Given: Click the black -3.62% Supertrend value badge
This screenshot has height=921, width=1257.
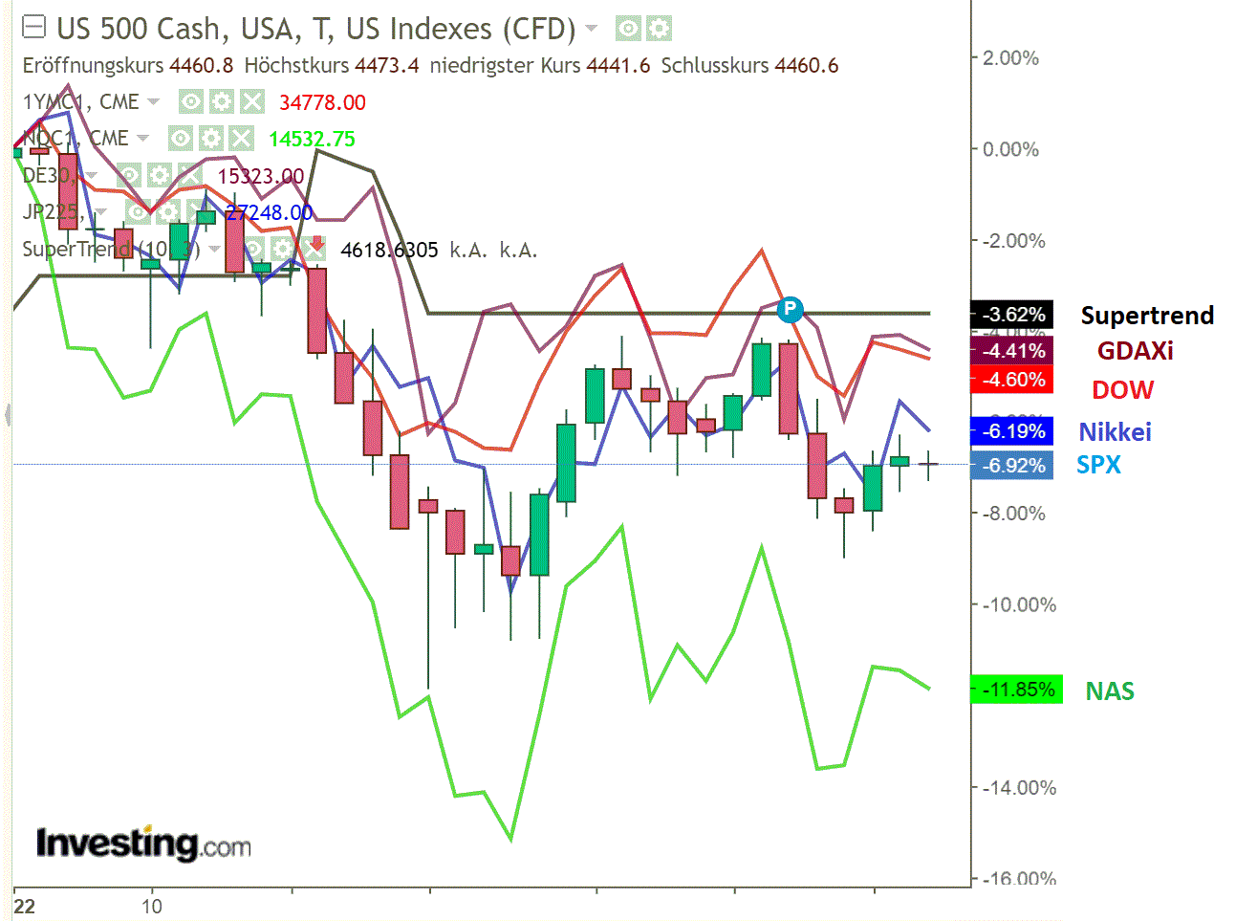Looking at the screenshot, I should [x=1012, y=315].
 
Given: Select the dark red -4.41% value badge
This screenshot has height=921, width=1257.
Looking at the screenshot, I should [x=1012, y=351].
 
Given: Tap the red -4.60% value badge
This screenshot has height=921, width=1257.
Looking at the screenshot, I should [x=1012, y=380].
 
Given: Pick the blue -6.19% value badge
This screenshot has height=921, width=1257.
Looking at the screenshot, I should [x=1012, y=431].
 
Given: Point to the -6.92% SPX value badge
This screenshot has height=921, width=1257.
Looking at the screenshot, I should [x=1012, y=466].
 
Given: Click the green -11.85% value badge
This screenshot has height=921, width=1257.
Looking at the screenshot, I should [x=1016, y=690].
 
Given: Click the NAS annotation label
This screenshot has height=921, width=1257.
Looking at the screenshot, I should [x=1110, y=691].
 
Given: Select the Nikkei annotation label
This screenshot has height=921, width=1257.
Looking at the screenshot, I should [x=1115, y=432].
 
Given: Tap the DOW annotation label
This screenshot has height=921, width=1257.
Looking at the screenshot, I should [x=1122, y=390].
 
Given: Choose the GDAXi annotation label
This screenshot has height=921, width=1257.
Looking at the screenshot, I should [x=1135, y=351].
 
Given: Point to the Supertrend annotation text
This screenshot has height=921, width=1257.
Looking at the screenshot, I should [x=1147, y=316].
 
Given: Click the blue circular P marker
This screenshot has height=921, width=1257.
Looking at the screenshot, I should [x=790, y=309].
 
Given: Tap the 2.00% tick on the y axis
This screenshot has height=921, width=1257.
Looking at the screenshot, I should [x=1010, y=58].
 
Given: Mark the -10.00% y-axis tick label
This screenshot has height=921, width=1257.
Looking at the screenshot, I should [x=1020, y=604].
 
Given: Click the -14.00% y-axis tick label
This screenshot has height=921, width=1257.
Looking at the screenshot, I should [x=1020, y=788].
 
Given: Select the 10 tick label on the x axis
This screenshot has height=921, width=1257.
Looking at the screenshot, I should [x=152, y=906].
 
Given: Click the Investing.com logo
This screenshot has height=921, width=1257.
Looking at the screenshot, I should [x=143, y=844].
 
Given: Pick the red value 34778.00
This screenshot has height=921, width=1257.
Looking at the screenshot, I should [x=322, y=102].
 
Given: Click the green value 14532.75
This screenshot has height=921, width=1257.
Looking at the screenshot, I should [x=312, y=139].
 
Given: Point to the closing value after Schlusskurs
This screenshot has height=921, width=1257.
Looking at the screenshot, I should [x=807, y=66].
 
